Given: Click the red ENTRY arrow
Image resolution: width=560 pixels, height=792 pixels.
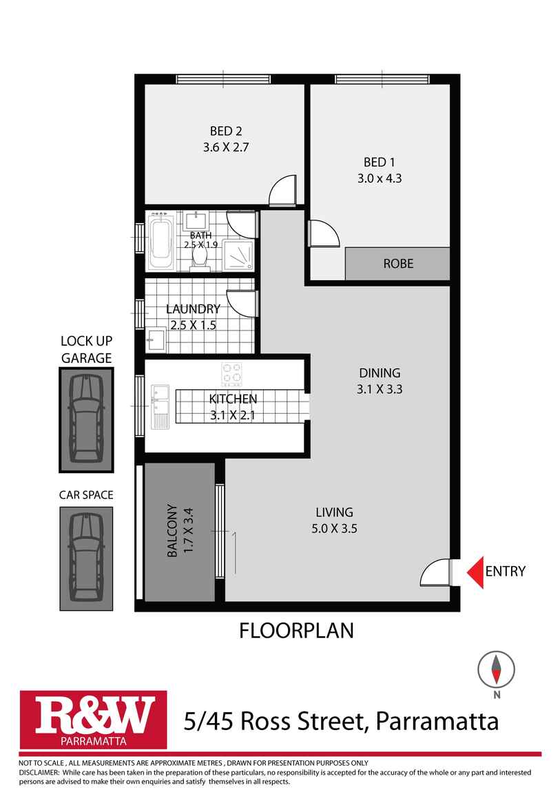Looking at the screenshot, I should [x=474, y=572].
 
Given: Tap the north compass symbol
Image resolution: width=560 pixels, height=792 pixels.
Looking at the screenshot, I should [x=496, y=668].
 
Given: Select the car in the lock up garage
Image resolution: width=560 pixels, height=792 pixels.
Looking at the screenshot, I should [x=85, y=419].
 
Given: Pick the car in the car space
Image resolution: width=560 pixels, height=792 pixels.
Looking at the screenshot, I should [x=85, y=558].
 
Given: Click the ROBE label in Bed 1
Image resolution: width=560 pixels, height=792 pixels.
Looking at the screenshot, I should [x=397, y=264].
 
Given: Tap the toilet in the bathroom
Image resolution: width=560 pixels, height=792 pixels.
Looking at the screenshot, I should [x=200, y=257].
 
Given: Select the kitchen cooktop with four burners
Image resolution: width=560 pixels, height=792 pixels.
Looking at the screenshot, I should [x=232, y=375].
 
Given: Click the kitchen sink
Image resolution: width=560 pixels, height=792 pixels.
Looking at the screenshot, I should [x=160, y=406].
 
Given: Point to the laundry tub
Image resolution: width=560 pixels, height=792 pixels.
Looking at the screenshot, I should [x=156, y=340].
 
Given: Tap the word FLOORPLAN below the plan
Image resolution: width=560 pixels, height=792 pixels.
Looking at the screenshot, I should [x=296, y=630].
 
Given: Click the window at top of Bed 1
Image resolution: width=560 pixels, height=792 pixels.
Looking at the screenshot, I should [x=382, y=79].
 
